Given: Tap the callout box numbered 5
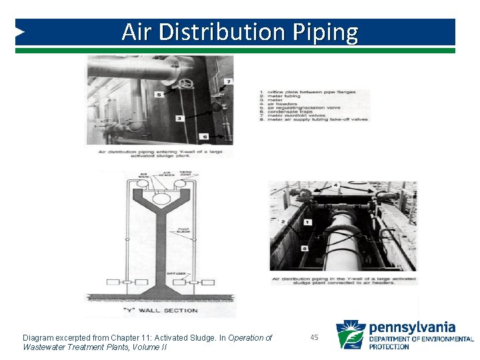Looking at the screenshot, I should (159, 95).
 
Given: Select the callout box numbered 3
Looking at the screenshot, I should (179, 118).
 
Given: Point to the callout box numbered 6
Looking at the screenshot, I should (205, 137).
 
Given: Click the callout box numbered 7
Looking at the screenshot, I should (229, 81).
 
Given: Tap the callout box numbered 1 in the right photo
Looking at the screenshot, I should (307, 221).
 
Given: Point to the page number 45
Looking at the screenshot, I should (315, 338).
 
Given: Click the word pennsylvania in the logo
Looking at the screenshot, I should (412, 327).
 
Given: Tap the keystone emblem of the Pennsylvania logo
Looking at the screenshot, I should (350, 335).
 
